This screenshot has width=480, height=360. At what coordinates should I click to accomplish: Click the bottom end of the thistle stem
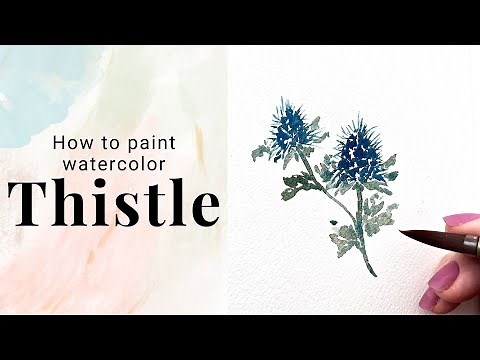tap(372, 273)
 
